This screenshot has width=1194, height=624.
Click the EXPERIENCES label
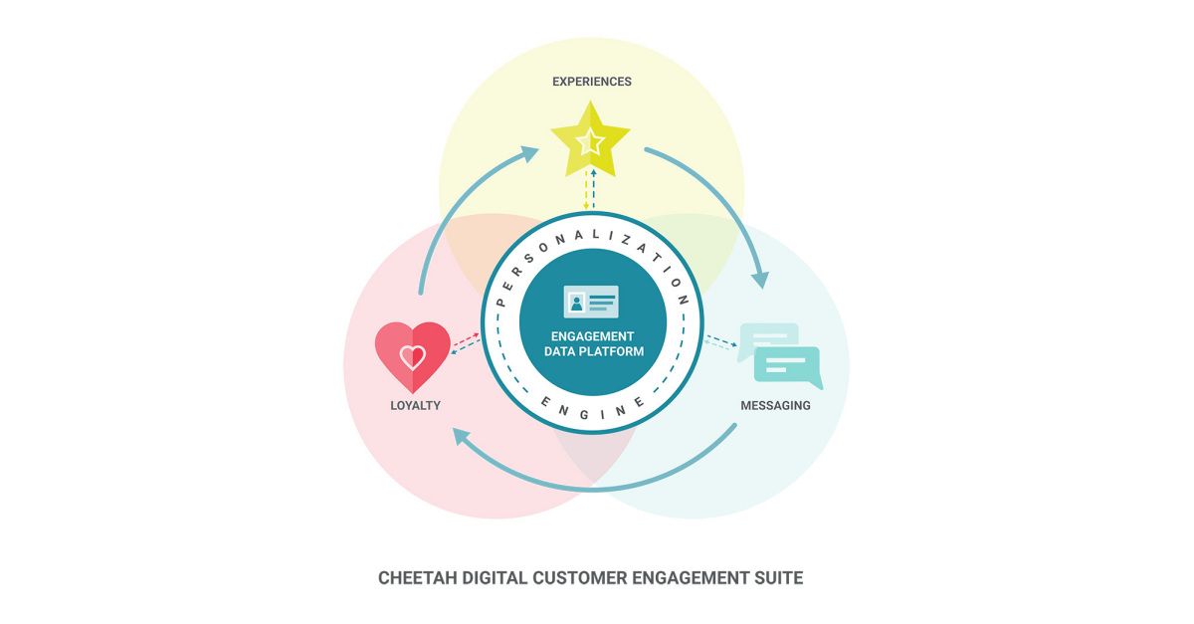592,82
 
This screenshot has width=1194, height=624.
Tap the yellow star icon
591,141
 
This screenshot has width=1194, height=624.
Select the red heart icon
412,355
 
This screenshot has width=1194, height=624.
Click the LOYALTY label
415,406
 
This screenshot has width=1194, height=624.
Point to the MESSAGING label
775,406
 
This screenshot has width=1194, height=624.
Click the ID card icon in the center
591,301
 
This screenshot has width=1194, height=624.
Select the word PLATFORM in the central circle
616,351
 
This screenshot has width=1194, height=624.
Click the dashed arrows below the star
590,189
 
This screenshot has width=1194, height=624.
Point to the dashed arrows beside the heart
466,343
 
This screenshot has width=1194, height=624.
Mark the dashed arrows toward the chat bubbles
720,343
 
